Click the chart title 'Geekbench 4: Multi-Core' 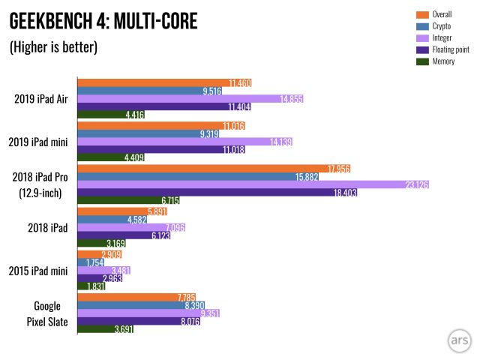tap(103, 22)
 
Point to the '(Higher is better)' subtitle tap(53, 48)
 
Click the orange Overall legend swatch tap(421, 14)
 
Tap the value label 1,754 tap(94, 263)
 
